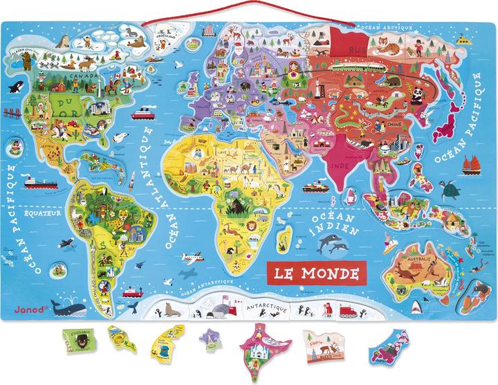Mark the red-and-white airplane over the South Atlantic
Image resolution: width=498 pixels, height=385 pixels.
click(194, 258)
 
